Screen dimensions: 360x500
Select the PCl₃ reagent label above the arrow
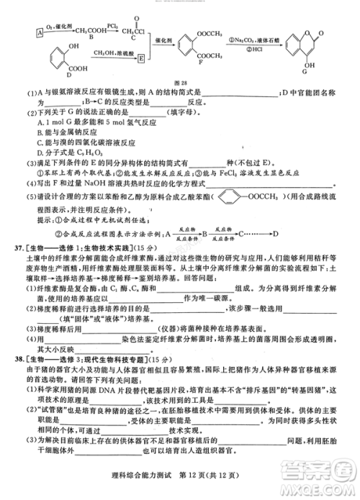[x=114, y=24]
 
